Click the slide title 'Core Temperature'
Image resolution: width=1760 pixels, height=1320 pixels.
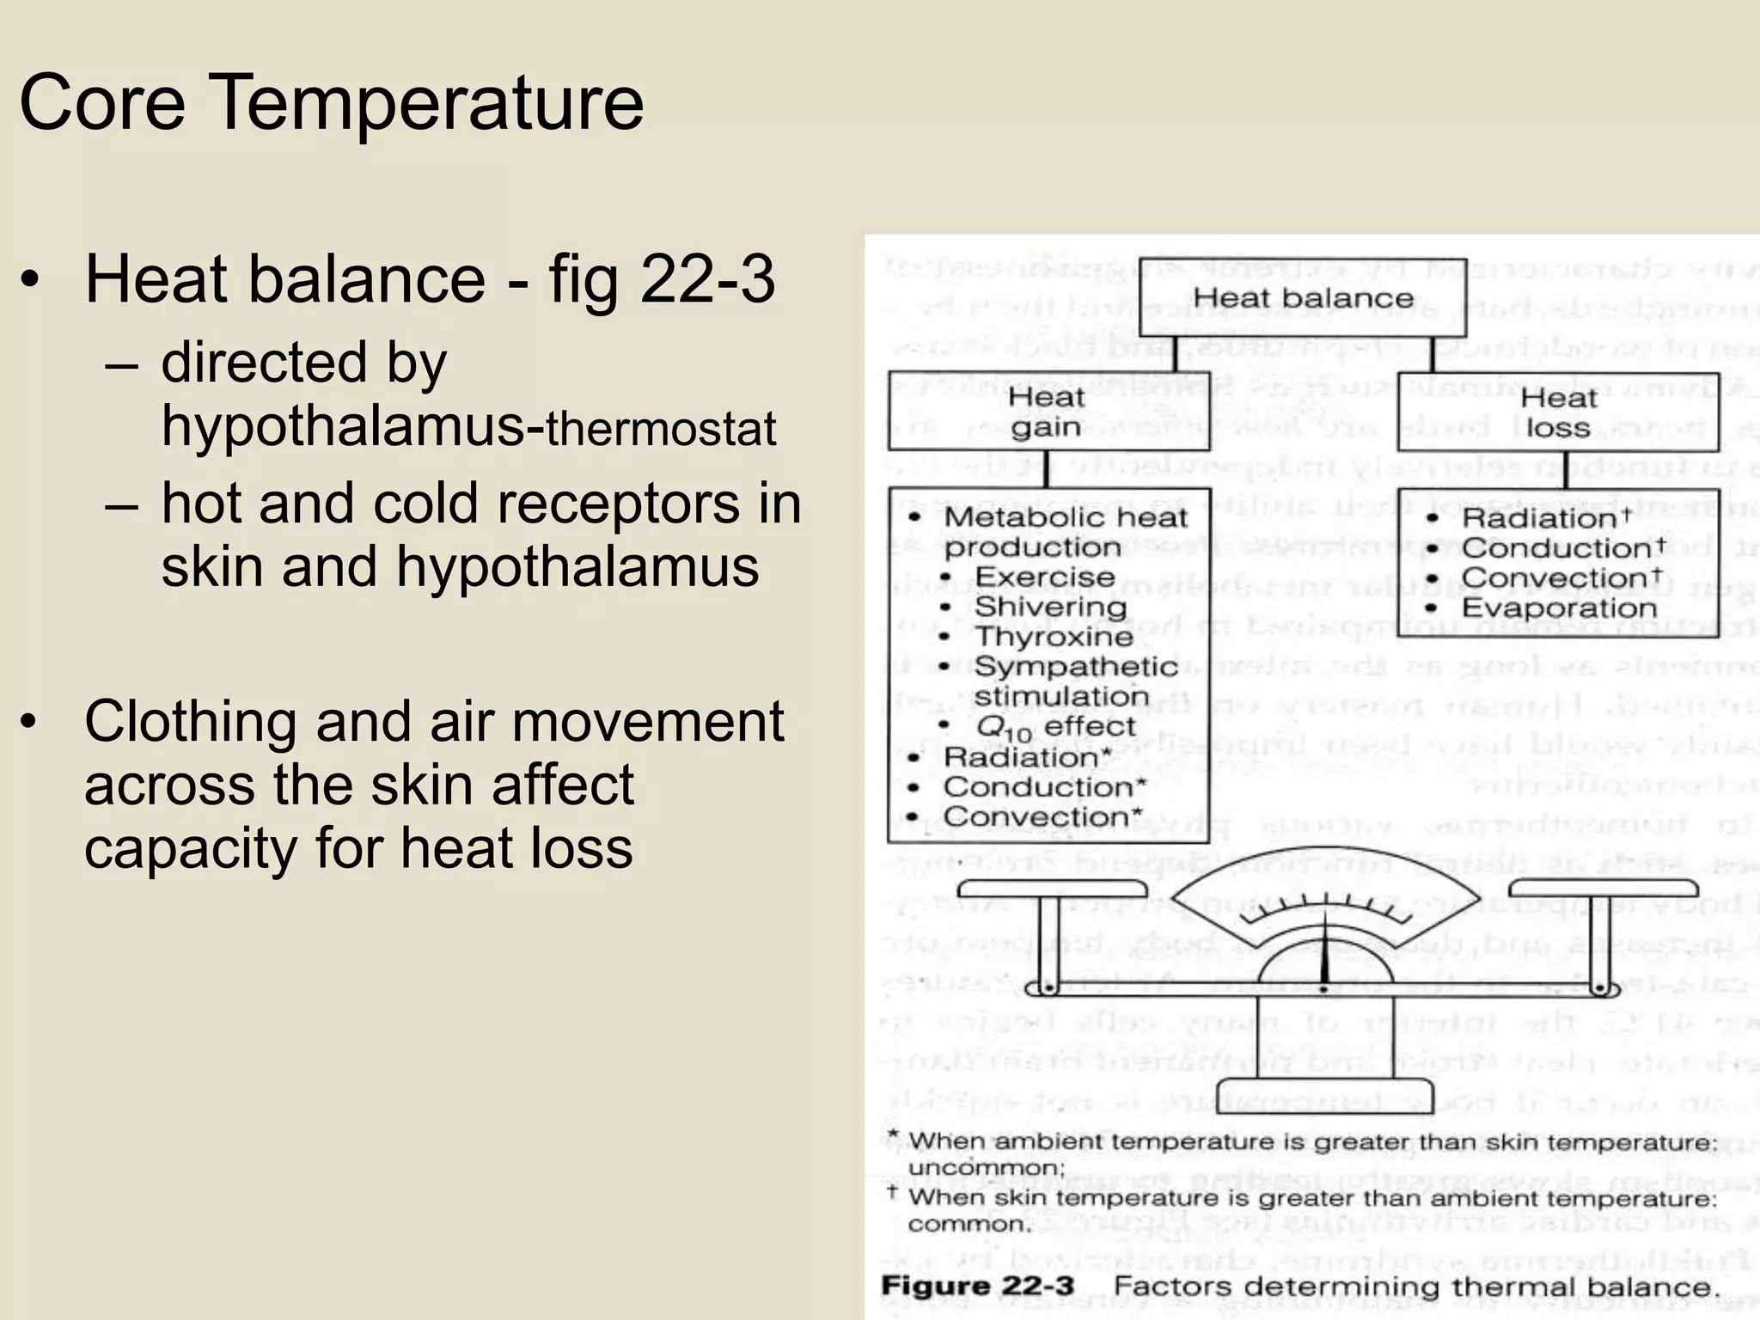331,103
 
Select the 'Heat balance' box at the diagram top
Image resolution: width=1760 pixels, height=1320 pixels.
1303,298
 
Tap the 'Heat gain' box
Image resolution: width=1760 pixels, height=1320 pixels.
1048,412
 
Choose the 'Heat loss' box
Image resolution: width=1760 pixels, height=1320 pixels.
1557,412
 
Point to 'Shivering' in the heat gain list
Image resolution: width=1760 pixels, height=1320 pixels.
1050,607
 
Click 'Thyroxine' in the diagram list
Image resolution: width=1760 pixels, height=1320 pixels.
1054,637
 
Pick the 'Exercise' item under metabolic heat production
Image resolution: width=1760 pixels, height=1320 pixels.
1044,577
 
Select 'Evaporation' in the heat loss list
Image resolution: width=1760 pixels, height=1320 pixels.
1559,608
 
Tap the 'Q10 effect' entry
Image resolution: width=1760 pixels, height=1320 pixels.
1055,728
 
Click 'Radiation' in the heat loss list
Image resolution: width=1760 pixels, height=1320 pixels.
1538,518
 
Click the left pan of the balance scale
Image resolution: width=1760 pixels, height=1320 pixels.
1052,889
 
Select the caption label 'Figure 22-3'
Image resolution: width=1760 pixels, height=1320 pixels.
977,1286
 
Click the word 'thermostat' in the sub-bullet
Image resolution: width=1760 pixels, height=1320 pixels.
661,429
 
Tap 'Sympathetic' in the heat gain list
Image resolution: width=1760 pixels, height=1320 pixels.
1075,667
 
